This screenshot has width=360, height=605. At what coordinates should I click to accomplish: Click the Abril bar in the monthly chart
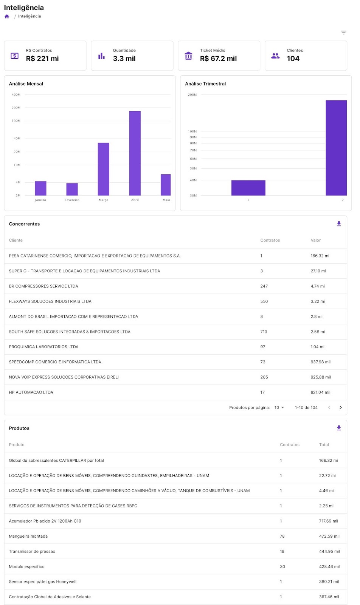(135, 153)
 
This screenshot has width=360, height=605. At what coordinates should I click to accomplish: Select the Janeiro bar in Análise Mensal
(40, 188)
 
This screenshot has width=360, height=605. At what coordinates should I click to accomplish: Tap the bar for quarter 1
(248, 188)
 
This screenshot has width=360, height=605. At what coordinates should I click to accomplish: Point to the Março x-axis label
(104, 200)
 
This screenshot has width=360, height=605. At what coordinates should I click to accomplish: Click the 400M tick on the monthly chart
(16, 95)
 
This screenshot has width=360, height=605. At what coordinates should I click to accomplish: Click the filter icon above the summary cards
(343, 33)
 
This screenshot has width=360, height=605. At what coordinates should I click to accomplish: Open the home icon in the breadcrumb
(7, 16)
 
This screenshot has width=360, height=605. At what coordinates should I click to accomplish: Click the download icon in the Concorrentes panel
(339, 224)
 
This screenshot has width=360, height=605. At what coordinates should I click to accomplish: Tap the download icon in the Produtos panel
(339, 428)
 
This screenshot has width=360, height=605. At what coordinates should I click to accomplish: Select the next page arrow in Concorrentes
(341, 408)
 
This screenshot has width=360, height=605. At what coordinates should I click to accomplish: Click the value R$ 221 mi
(42, 59)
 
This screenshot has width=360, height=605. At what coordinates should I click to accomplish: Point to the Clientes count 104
(293, 59)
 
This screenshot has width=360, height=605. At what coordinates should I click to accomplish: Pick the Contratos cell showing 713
(264, 332)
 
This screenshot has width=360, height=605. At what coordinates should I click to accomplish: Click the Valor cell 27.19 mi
(318, 271)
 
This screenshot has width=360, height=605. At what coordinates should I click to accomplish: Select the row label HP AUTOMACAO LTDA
(31, 392)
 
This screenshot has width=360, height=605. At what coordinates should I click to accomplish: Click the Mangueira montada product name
(28, 536)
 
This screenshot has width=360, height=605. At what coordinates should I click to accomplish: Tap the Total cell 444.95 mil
(329, 551)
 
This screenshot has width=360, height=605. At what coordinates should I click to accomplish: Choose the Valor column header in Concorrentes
(315, 240)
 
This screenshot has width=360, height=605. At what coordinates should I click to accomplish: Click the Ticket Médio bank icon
(188, 56)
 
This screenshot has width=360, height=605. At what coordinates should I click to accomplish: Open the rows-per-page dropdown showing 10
(279, 408)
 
